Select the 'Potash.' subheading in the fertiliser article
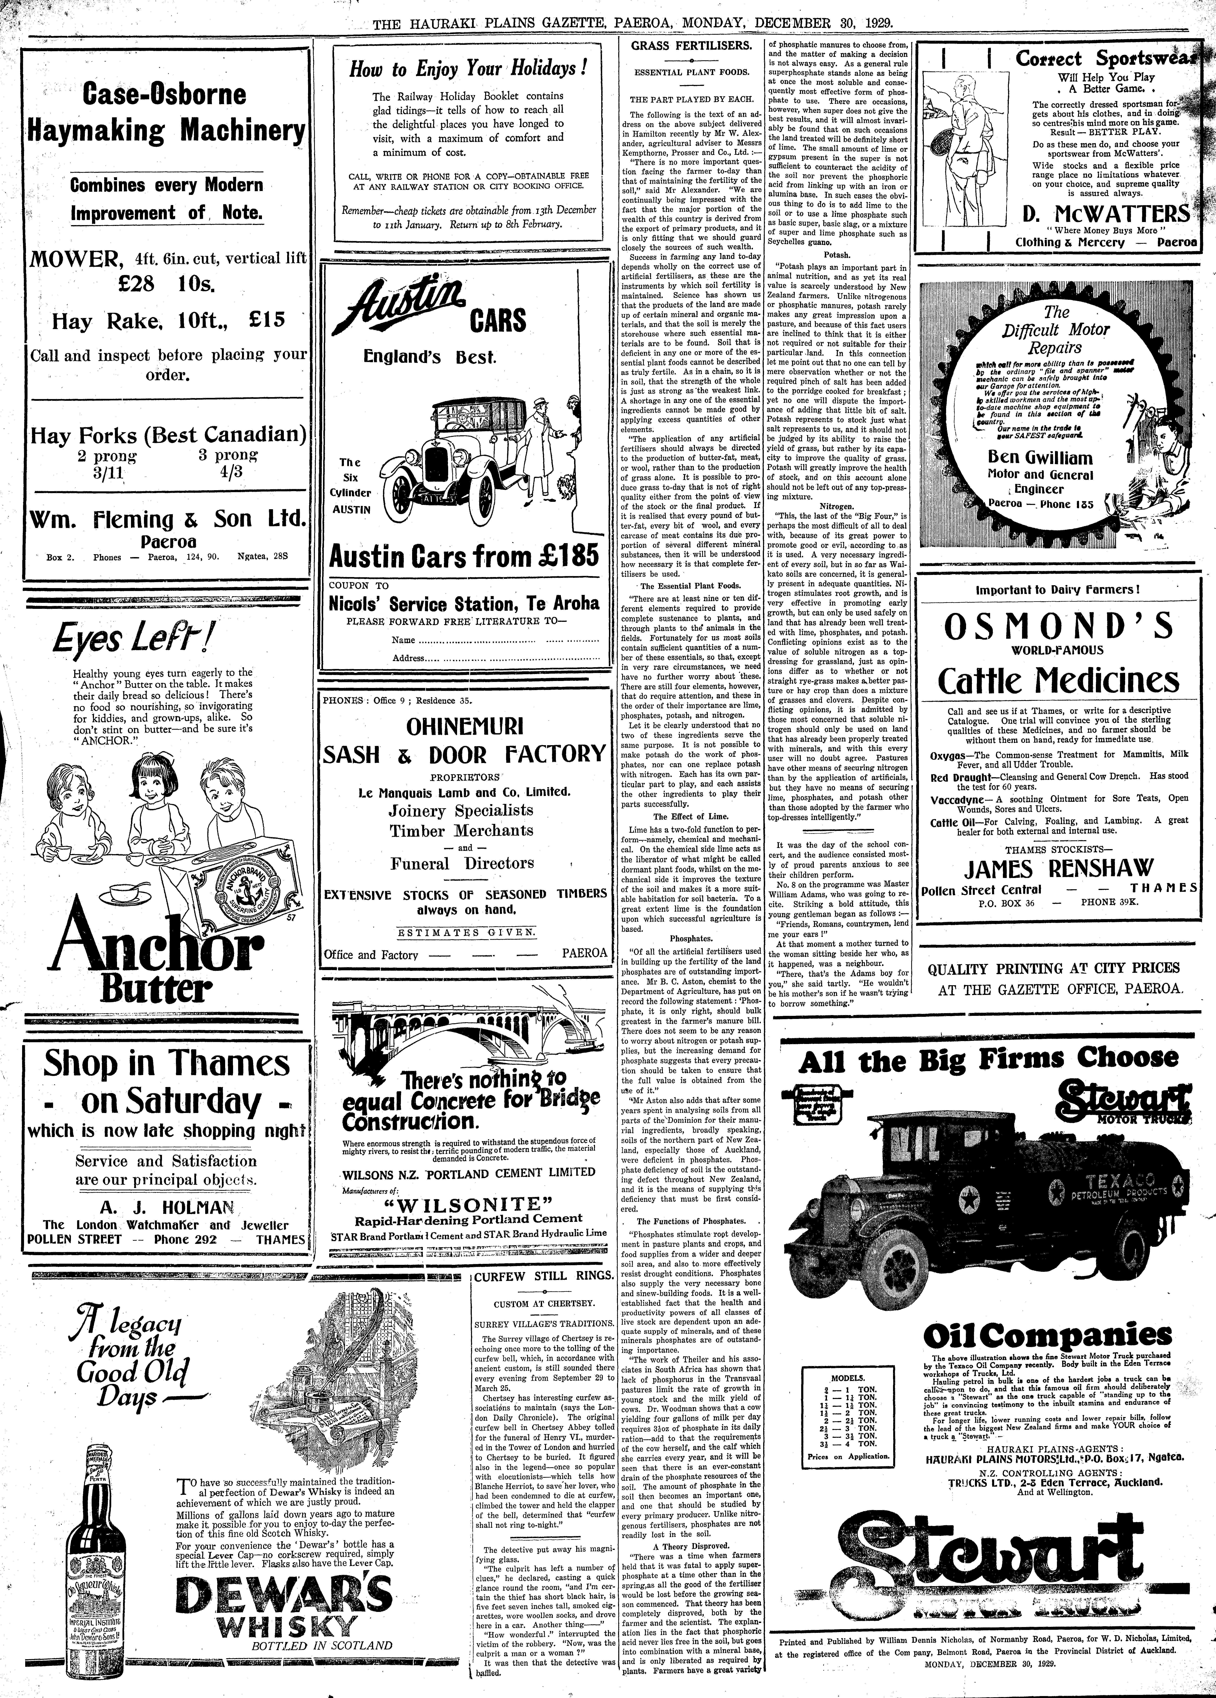tap(837, 255)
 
